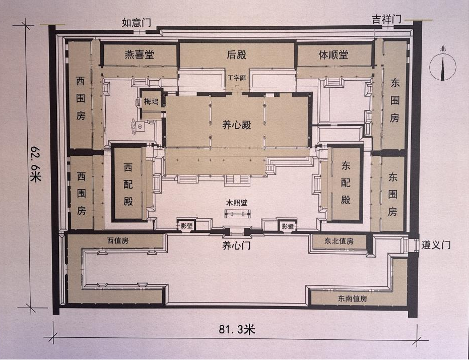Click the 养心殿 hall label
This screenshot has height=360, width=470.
[x=236, y=125]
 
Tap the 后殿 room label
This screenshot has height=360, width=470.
[x=236, y=55]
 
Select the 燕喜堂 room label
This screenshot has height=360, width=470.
[x=140, y=55]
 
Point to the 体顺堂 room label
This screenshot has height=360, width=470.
[x=333, y=55]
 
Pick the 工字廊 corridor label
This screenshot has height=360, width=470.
[x=236, y=78]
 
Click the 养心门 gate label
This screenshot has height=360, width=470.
[x=237, y=246]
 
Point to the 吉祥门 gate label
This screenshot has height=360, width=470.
[x=387, y=19]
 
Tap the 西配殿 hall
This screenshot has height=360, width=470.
[x=128, y=184]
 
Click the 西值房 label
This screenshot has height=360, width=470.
[x=118, y=241]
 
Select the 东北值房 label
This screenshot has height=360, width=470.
[x=339, y=241]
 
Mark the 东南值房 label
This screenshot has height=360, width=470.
[x=352, y=298]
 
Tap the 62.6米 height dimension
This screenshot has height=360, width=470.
[x=36, y=164]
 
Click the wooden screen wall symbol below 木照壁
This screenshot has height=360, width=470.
[x=237, y=214]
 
